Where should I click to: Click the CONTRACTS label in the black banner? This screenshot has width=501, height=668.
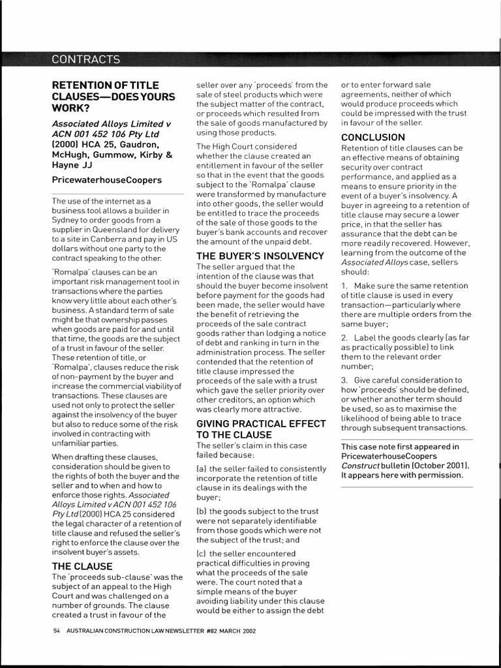point(85,59)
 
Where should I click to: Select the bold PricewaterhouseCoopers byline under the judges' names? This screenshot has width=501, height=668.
point(106,179)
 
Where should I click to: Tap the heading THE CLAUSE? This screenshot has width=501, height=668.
point(82,566)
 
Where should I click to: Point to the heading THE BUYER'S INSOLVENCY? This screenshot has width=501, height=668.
point(260,256)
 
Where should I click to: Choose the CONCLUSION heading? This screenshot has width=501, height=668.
point(373,137)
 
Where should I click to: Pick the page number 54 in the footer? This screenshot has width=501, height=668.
point(57,632)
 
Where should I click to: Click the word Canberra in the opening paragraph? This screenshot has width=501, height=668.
point(106,239)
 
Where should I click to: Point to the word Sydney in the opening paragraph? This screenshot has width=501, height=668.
point(65,220)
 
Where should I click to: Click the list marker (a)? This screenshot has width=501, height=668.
point(202,468)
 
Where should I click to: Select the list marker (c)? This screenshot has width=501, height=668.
point(202,553)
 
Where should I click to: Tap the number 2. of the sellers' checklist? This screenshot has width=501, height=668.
point(345,337)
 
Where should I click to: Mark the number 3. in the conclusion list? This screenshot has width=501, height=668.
point(345,380)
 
